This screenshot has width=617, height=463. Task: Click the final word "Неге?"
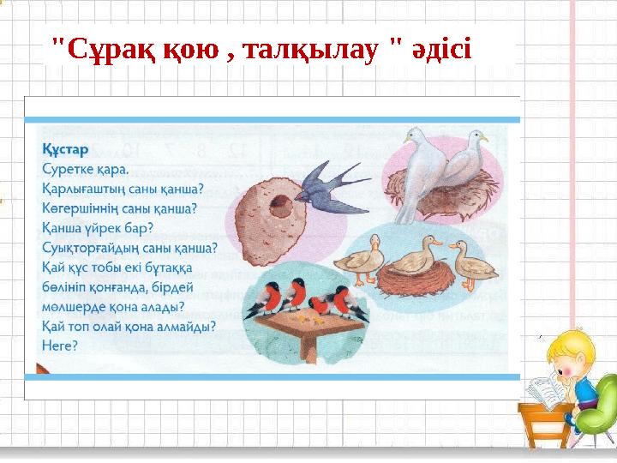pyautogui.click(x=59, y=346)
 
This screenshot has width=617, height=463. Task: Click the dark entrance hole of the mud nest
pyautogui.click(x=279, y=206)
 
